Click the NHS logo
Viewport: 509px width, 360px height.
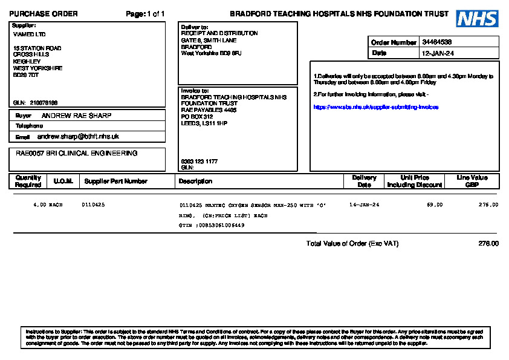tap(477, 19)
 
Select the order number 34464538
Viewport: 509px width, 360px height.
tap(437, 42)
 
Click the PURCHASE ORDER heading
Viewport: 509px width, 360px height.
tap(44, 14)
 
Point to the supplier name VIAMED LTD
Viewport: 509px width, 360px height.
tap(29, 34)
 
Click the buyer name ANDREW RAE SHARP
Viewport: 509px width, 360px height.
tap(76, 116)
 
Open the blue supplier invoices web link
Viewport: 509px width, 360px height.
tap(375, 106)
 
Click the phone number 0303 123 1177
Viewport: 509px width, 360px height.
tap(199, 162)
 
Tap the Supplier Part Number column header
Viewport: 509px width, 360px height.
tap(115, 181)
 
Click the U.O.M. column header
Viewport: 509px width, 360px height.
tap(63, 181)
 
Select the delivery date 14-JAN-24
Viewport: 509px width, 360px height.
tap(364, 205)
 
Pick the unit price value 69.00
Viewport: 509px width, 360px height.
tap(435, 205)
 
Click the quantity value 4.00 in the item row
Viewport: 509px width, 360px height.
tap(40, 205)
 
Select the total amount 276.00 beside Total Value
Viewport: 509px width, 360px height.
tap(488, 244)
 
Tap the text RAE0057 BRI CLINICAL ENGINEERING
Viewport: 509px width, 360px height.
tap(77, 154)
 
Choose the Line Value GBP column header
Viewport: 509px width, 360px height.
tap(472, 181)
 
